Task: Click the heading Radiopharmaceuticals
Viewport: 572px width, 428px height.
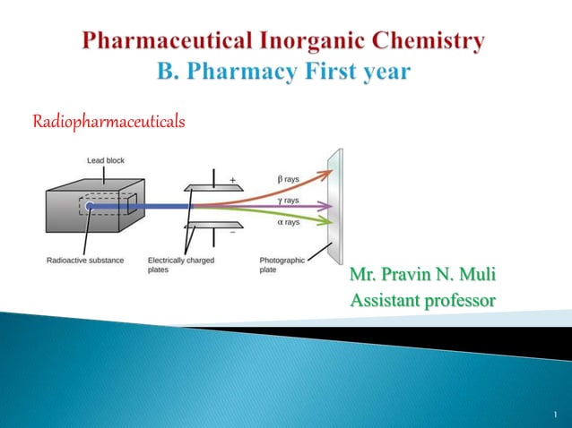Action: (108, 121)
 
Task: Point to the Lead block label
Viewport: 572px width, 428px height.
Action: (105, 160)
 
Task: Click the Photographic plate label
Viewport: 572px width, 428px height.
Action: (282, 264)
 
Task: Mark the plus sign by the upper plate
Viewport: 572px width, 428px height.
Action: (233, 180)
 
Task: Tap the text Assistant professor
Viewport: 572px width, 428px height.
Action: (421, 300)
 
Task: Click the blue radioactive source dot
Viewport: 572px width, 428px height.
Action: (89, 207)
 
